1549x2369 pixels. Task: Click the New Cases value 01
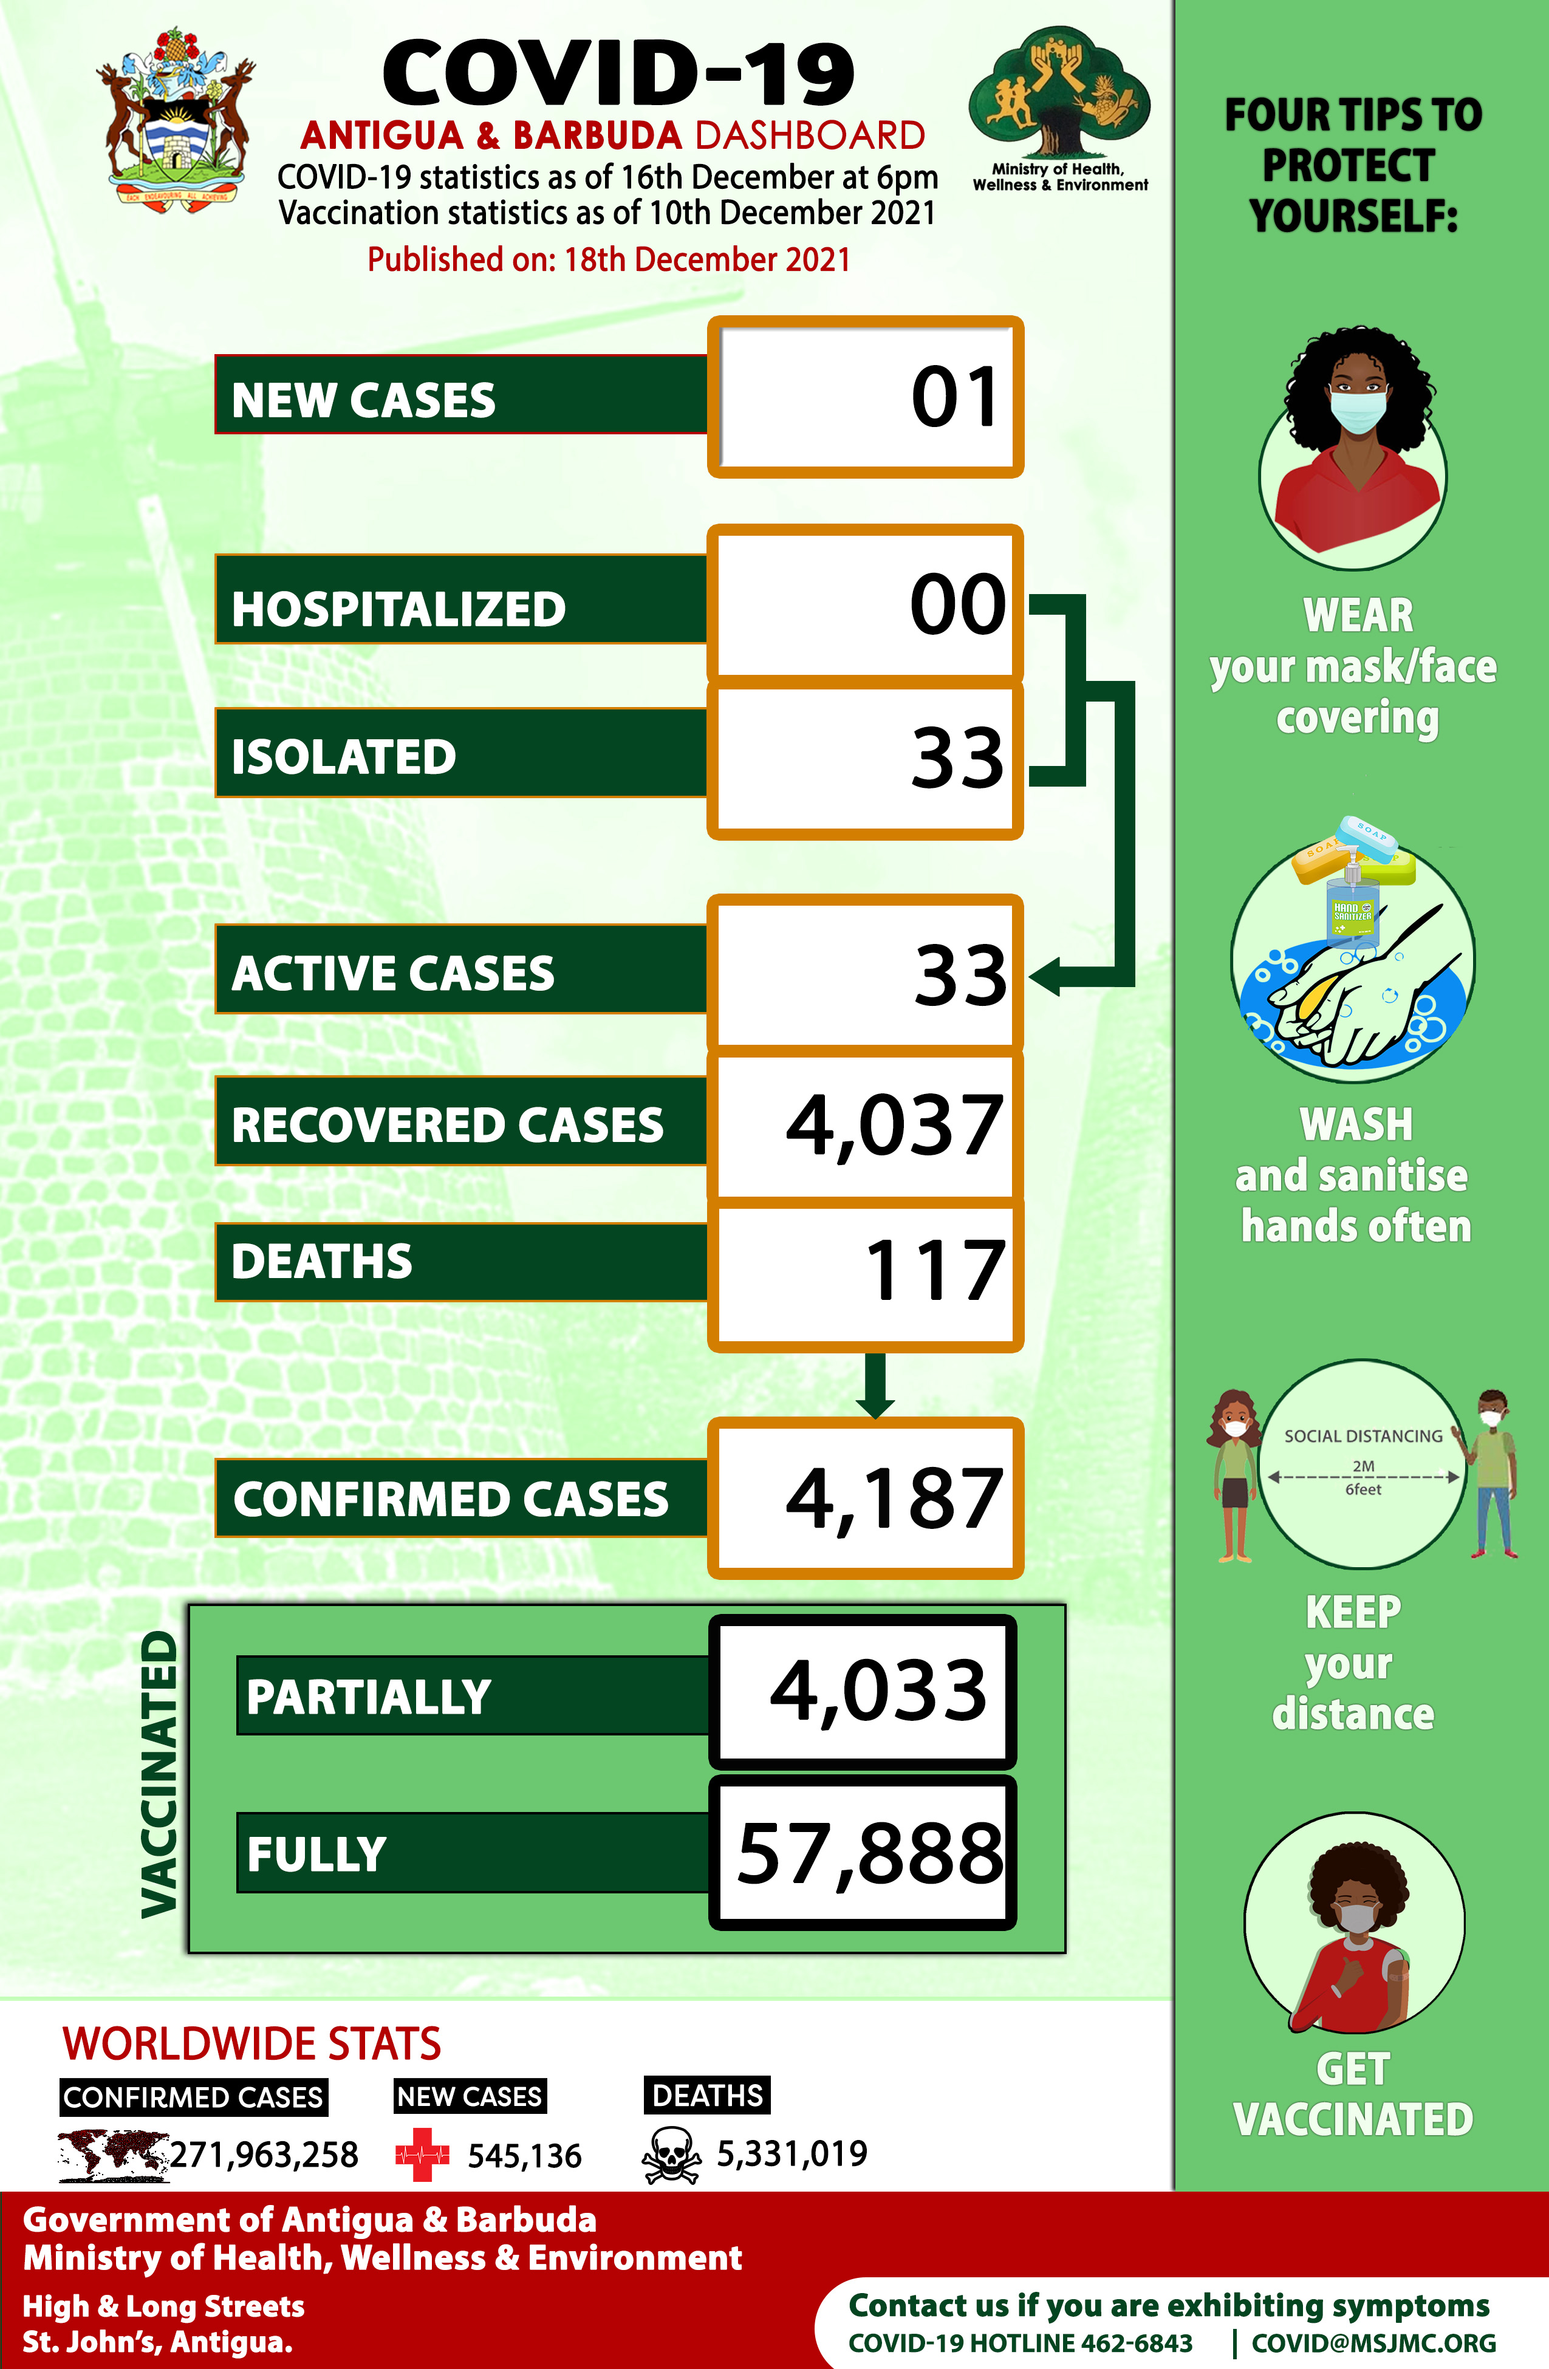(954, 398)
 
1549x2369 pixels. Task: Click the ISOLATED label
(343, 756)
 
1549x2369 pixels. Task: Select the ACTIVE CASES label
(392, 974)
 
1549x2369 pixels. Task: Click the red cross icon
(422, 2155)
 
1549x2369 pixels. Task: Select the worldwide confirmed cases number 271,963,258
(264, 2155)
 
